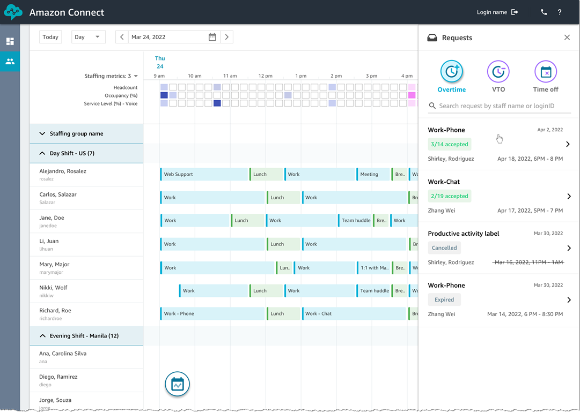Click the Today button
click(x=50, y=37)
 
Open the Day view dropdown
click(x=88, y=37)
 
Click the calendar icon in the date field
click(x=212, y=37)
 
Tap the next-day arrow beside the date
click(x=227, y=37)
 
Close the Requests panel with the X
click(x=567, y=38)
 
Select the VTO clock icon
click(x=498, y=72)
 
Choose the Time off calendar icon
click(x=546, y=72)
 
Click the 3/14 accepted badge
click(x=450, y=144)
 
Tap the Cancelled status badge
click(x=444, y=248)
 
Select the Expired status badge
click(x=444, y=300)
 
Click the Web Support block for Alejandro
click(x=204, y=174)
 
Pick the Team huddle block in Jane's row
click(x=355, y=220)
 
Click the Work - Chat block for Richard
click(x=354, y=313)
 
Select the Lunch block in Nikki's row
click(x=266, y=290)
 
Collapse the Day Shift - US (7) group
click(x=42, y=153)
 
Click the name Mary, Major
click(x=54, y=264)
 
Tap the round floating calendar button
click(x=177, y=384)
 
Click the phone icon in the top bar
click(x=544, y=12)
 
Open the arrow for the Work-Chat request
click(x=569, y=197)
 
